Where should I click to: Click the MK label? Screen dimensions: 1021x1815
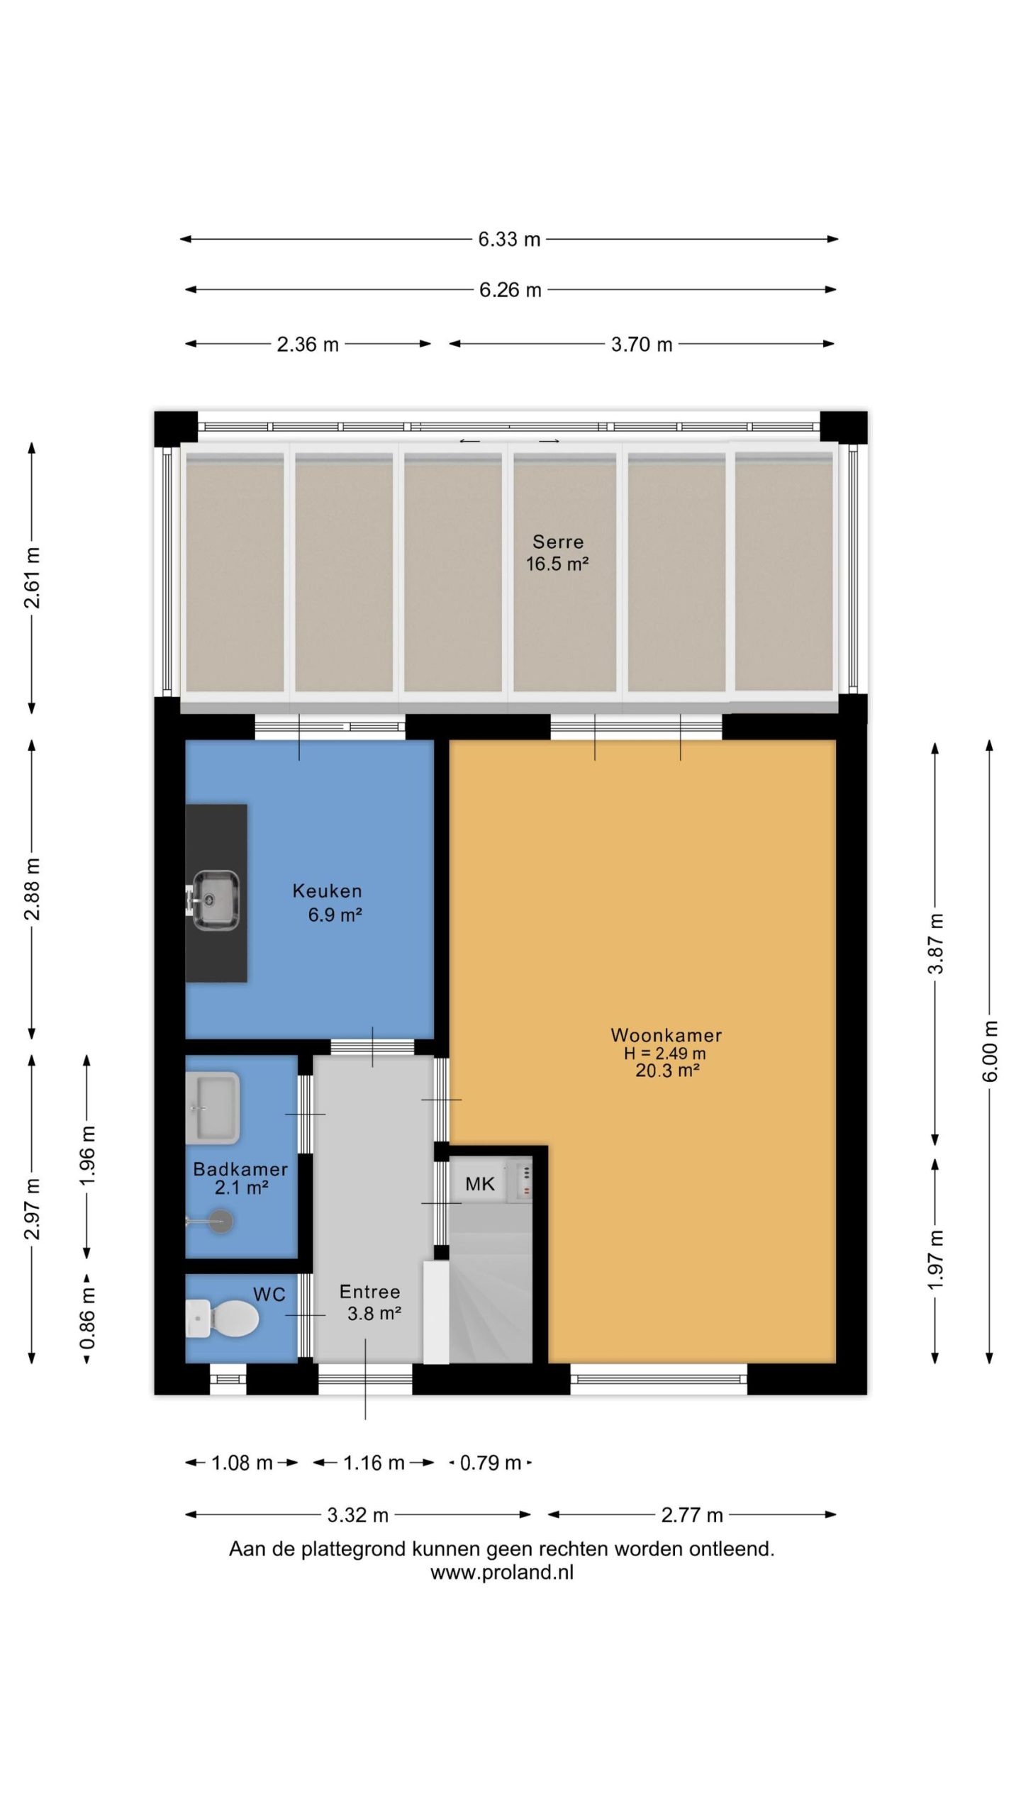point(480,1183)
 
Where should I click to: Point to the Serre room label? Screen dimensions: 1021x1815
point(558,542)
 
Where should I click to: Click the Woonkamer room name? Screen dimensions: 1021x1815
point(666,1034)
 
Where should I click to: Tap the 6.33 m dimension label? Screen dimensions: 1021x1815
point(509,239)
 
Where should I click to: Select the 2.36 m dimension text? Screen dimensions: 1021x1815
point(308,344)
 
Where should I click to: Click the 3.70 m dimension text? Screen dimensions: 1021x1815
point(642,344)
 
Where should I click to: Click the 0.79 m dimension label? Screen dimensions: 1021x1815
point(491,1462)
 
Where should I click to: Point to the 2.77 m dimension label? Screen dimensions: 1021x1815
point(692,1514)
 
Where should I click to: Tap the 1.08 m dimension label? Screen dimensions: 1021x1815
point(242,1462)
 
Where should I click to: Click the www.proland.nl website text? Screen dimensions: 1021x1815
point(502,1572)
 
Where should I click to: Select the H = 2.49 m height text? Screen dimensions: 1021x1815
point(665,1054)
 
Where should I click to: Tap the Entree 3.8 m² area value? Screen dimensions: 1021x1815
point(374,1313)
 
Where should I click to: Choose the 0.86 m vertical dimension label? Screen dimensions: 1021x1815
point(87,1319)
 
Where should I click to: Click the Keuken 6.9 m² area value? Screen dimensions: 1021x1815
point(335,915)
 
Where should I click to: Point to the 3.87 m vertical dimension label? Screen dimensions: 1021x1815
point(936,944)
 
